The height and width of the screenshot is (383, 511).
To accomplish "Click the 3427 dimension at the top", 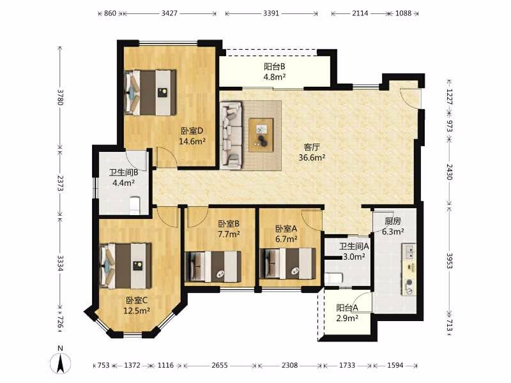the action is (x=169, y=13).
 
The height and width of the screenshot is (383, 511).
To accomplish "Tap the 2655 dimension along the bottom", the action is (x=220, y=365).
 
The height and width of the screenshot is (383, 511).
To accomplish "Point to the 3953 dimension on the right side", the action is (x=450, y=261).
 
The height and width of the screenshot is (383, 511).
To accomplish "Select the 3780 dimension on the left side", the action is (x=60, y=97).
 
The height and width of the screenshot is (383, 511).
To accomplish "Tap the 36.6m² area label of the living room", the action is (x=312, y=158).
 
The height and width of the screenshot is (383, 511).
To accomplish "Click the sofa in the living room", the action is (x=231, y=135).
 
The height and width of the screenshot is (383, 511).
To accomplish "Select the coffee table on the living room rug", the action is (x=261, y=135).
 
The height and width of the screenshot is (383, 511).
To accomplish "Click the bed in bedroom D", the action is (x=151, y=93).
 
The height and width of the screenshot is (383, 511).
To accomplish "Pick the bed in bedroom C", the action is (x=126, y=266).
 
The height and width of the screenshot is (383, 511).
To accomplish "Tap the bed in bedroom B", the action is (x=213, y=266).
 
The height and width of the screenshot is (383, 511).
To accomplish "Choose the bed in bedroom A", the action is (x=288, y=264).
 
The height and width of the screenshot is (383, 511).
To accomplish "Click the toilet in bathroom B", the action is (x=135, y=205).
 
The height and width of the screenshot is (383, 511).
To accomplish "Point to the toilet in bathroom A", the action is (x=333, y=278).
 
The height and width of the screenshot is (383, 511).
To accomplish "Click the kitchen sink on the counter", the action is (x=409, y=252).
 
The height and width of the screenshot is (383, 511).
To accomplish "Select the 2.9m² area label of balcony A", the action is (x=347, y=318).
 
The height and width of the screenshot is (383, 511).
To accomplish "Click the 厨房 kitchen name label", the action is (x=393, y=222).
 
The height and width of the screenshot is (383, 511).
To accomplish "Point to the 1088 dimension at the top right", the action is (x=403, y=13).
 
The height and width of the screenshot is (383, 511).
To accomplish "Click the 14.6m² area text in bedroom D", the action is (x=192, y=141).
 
